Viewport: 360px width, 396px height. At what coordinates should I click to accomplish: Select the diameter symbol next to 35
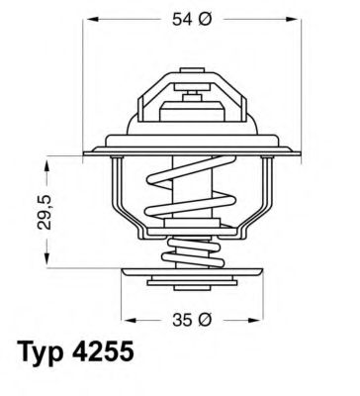tap(203, 320)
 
